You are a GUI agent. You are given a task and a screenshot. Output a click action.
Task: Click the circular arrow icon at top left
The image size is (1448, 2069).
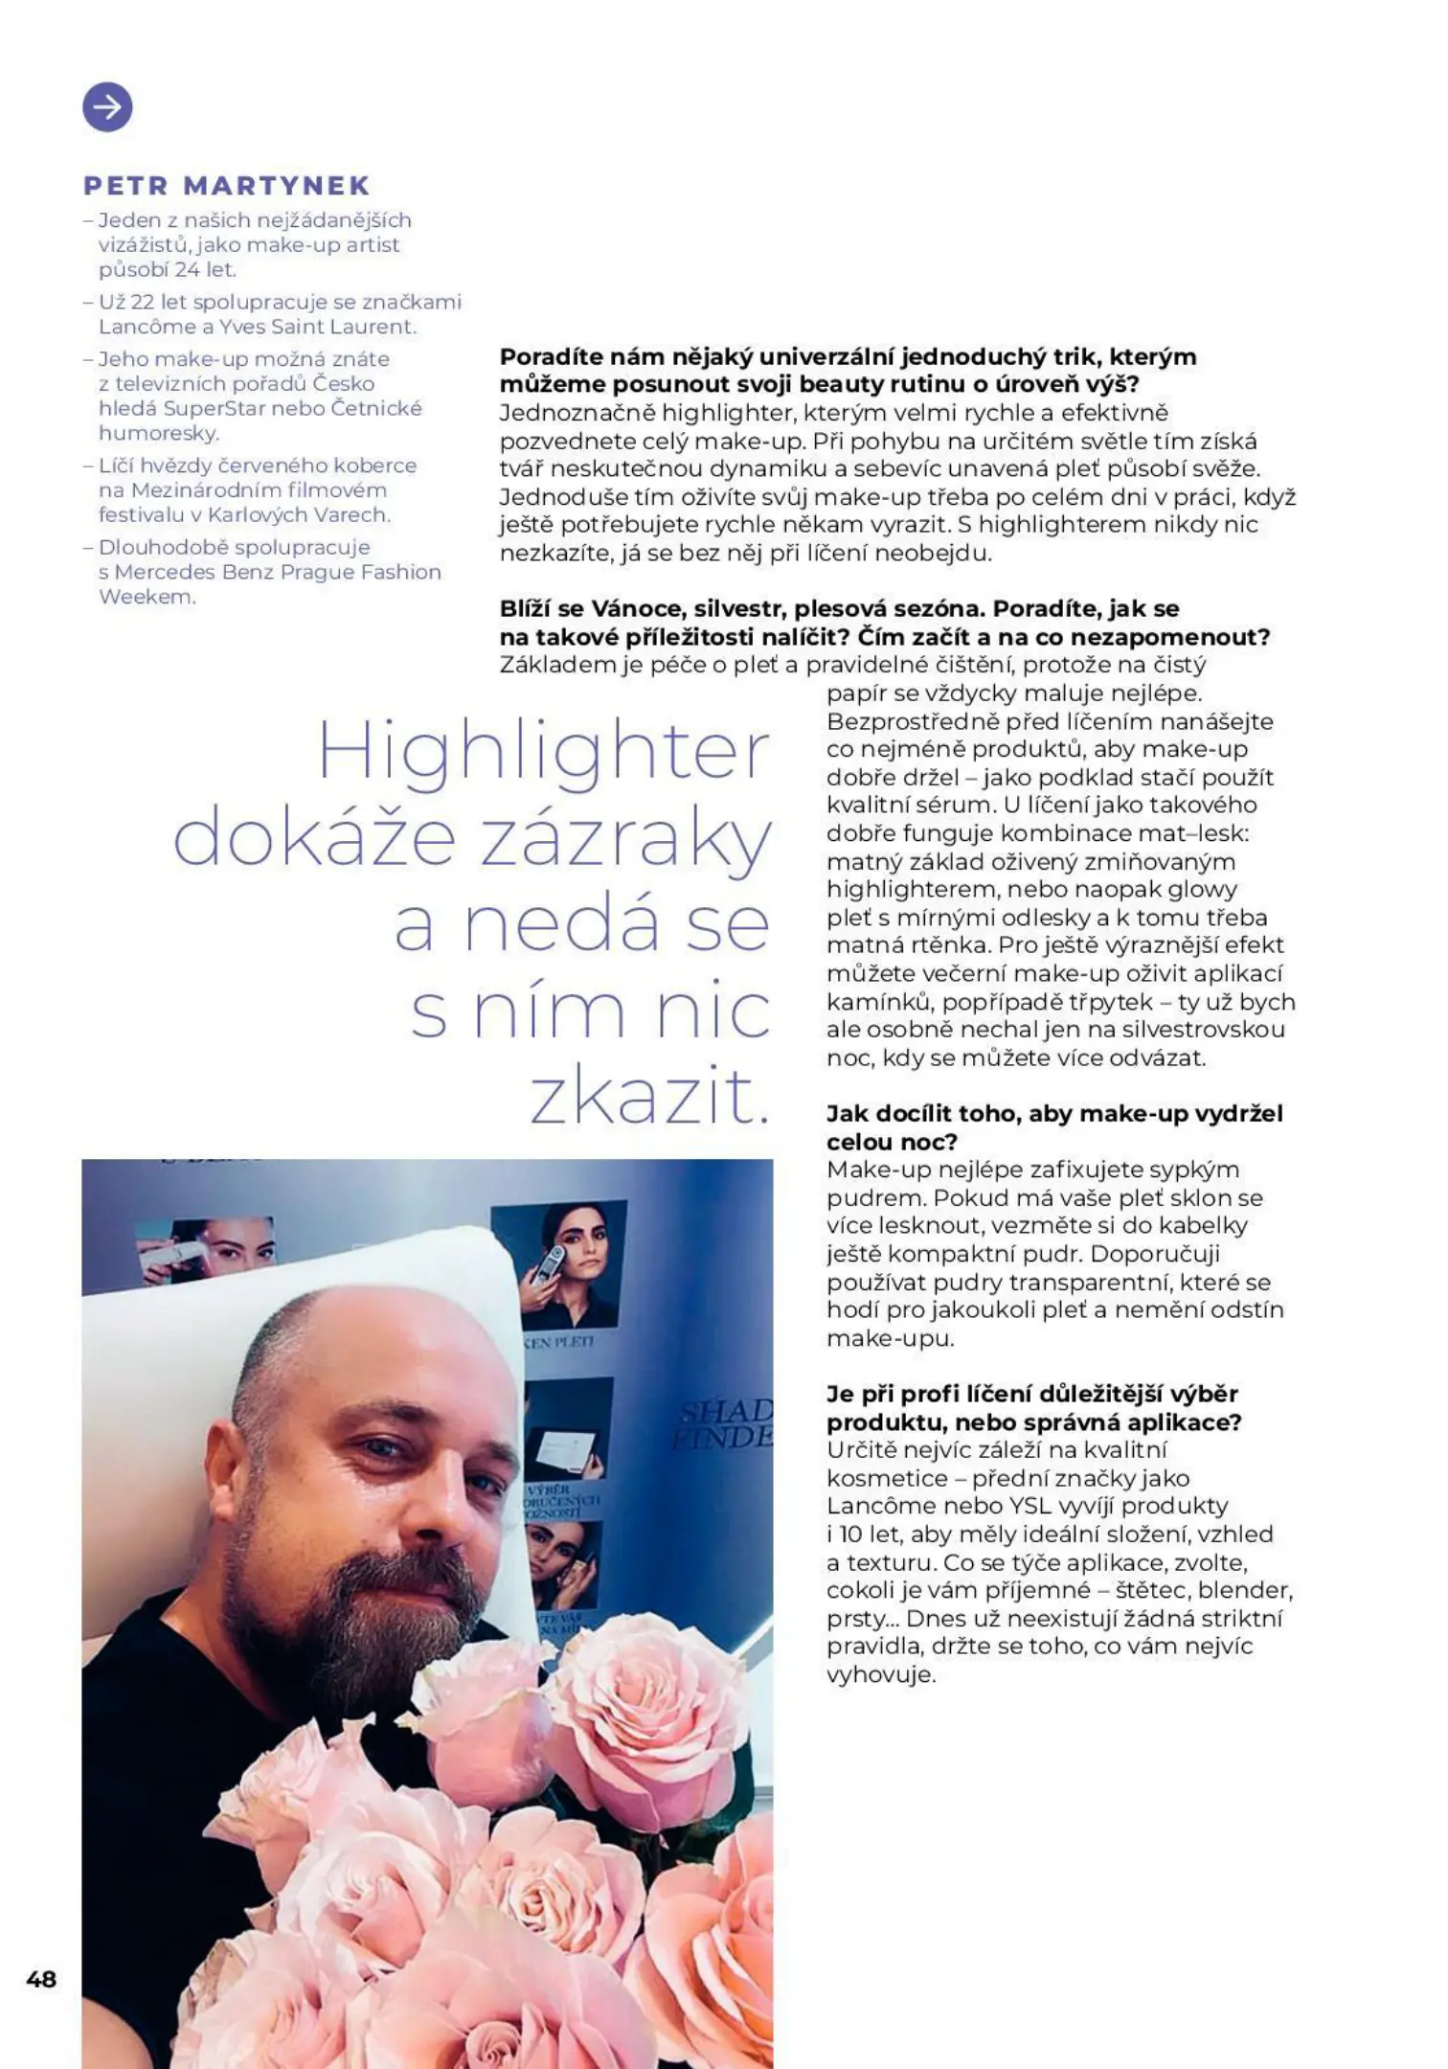pyautogui.click(x=107, y=106)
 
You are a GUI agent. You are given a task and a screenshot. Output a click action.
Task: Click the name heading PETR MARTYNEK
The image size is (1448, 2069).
pyautogui.click(x=227, y=186)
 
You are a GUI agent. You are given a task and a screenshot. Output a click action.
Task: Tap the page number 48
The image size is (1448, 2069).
pyautogui.click(x=41, y=1979)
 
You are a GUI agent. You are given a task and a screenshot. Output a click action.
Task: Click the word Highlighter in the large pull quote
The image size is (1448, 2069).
pyautogui.click(x=543, y=753)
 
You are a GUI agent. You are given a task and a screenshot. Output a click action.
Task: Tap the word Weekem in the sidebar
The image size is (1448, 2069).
pyautogui.click(x=147, y=597)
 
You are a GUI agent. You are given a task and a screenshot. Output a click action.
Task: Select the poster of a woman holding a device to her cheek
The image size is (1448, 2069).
pyautogui.click(x=558, y=1264)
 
